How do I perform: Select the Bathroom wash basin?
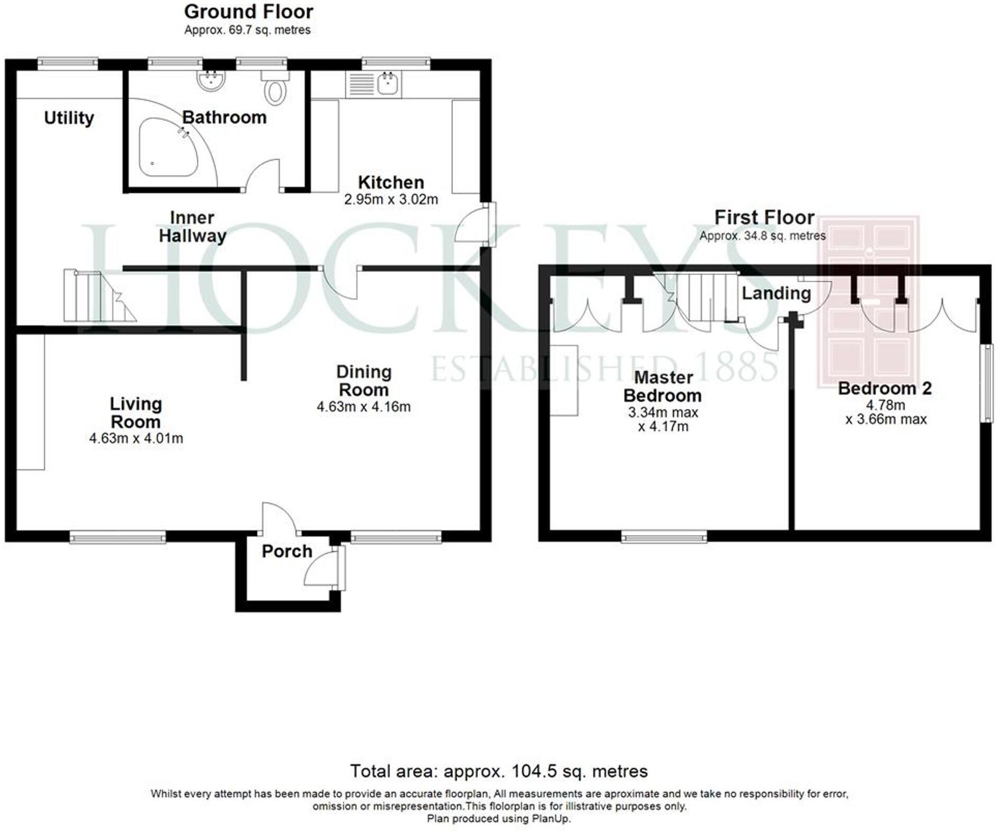211,81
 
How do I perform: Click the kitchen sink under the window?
388,84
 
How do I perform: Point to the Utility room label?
69,118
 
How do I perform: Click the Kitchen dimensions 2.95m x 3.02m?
391,200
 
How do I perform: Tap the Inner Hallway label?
192,227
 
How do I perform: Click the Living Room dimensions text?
136,439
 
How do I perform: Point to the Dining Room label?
364,381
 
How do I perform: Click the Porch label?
287,551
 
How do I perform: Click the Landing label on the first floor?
776,293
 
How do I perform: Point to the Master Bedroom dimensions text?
663,419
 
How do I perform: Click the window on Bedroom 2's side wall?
986,383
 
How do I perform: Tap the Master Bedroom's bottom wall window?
664,537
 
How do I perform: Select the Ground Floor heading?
248,12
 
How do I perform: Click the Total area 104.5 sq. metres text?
498,771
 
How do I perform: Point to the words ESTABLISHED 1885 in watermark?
604,369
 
